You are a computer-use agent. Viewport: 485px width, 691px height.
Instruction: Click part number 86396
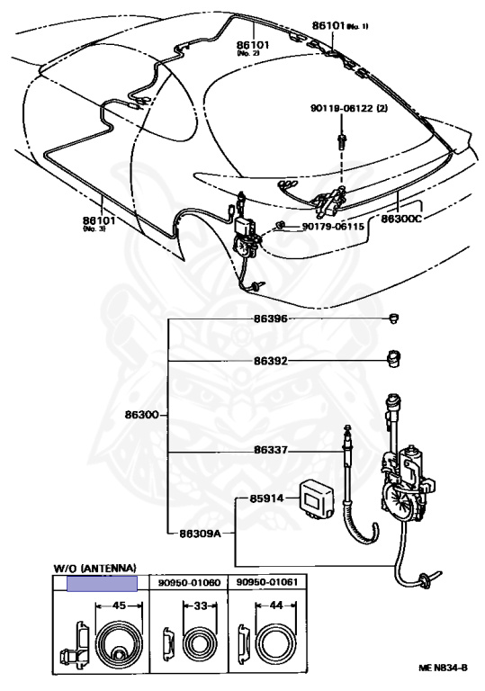point(270,319)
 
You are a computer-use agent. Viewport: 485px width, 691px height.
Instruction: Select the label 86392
point(270,361)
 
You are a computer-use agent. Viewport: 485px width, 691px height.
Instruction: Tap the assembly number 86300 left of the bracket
point(141,415)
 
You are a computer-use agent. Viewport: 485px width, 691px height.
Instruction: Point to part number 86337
point(270,450)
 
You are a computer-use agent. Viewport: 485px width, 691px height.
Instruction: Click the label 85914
point(266,498)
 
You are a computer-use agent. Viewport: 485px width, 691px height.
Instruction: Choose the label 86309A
point(200,534)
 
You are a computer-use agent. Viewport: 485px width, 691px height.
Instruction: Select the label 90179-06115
point(333,227)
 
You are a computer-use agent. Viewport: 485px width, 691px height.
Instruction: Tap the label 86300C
point(401,218)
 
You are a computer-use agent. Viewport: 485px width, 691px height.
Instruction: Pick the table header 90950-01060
point(189,583)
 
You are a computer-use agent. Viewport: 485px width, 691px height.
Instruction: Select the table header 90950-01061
point(267,582)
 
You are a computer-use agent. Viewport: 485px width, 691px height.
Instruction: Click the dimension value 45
point(119,606)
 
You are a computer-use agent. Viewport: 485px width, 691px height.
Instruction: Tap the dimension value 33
point(200,606)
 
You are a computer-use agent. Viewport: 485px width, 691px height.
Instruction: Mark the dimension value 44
point(276,606)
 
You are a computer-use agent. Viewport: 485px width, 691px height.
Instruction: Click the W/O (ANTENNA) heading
point(94,568)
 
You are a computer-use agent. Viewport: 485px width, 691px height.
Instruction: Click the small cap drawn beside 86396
point(394,319)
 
